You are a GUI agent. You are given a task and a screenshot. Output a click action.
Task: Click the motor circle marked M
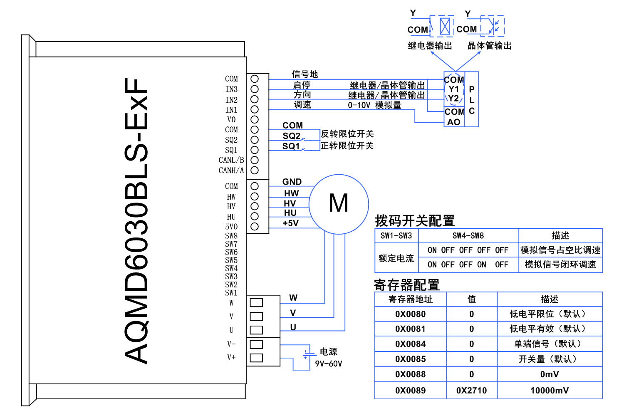[x=339, y=204]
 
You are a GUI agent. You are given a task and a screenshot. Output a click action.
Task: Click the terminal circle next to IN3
[x=255, y=89]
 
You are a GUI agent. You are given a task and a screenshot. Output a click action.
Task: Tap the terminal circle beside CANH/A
[x=255, y=170]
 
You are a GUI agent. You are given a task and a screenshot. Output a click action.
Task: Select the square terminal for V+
[x=256, y=358]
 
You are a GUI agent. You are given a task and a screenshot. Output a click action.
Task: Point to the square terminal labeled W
[x=256, y=303]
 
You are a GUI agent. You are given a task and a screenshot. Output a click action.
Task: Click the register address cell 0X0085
[x=410, y=359]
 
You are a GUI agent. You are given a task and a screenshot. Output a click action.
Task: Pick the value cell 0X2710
[x=471, y=391]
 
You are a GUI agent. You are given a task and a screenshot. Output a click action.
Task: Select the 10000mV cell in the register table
[x=550, y=391]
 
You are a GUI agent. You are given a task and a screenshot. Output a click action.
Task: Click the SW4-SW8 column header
[x=468, y=236]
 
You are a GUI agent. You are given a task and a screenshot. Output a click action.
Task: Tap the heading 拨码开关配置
[x=415, y=221]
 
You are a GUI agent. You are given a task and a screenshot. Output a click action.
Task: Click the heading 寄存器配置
[x=406, y=285]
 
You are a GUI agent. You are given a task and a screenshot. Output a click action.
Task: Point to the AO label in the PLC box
[x=453, y=122]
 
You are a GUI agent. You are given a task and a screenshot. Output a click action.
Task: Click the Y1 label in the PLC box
[x=453, y=89]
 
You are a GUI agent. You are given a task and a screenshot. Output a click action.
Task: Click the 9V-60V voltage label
[x=329, y=364]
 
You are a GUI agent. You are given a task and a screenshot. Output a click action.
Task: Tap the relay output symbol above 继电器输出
[x=445, y=26]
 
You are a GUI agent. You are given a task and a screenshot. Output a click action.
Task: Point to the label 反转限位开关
[x=347, y=134]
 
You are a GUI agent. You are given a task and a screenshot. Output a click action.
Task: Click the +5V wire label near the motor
[x=290, y=223]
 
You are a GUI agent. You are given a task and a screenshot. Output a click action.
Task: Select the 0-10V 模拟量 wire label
[x=374, y=105]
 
